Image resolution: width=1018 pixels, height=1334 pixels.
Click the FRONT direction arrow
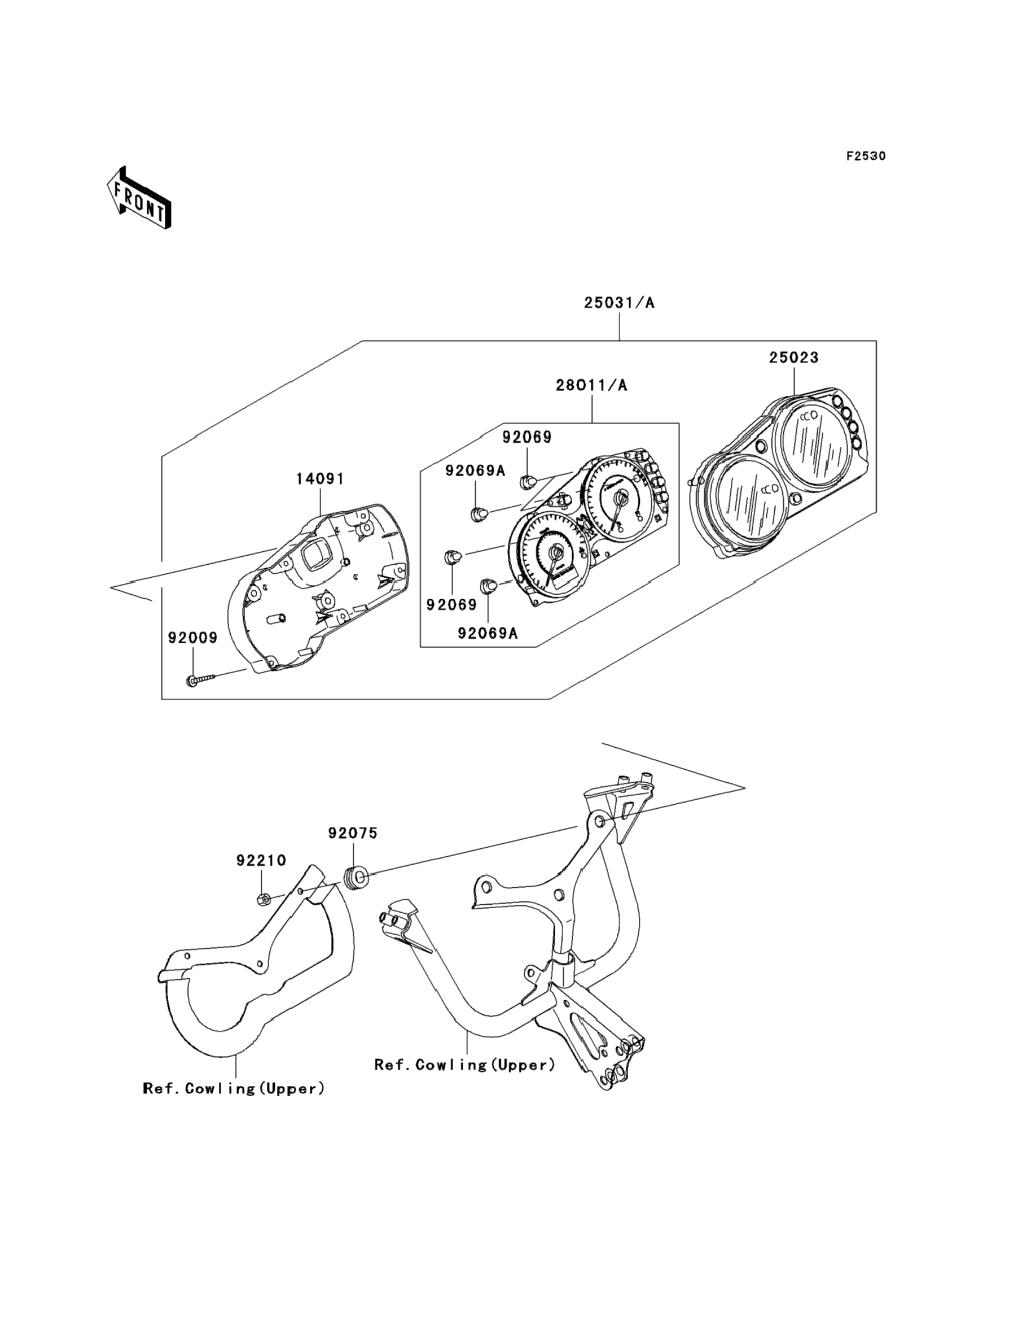pyautogui.click(x=139, y=197)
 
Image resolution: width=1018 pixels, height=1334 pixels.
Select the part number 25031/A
pyautogui.click(x=619, y=303)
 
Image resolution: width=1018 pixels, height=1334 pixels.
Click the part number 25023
pyautogui.click(x=794, y=358)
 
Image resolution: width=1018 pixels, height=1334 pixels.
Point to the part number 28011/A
pyautogui.click(x=592, y=385)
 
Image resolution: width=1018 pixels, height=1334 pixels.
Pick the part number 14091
pyautogui.click(x=320, y=479)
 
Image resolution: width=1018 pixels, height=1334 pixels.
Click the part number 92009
pyautogui.click(x=192, y=638)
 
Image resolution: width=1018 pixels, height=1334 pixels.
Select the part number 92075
pyautogui.click(x=353, y=833)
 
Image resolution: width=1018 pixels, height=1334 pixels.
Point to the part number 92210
pyautogui.click(x=261, y=860)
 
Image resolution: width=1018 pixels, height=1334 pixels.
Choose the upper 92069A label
pyautogui.click(x=475, y=470)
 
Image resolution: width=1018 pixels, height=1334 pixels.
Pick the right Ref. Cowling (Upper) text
pyautogui.click(x=465, y=1065)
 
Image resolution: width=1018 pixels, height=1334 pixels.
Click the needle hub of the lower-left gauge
pyautogui.click(x=555, y=552)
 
